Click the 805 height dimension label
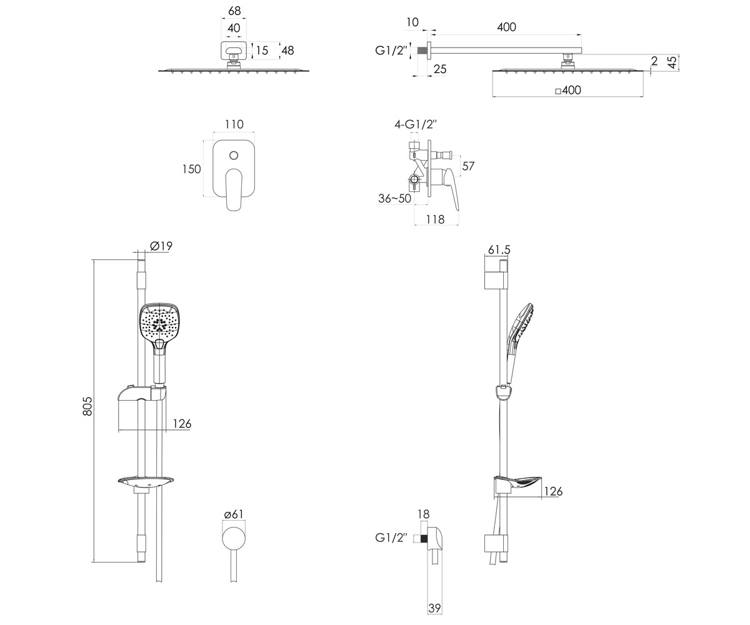(x=87, y=406)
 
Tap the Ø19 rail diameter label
(x=161, y=246)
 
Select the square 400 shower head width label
(x=568, y=90)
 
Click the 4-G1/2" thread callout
(x=416, y=124)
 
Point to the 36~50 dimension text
(x=394, y=198)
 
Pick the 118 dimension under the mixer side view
(x=435, y=219)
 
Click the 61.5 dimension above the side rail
(x=499, y=249)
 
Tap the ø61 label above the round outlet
(x=234, y=514)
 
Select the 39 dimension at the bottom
(x=434, y=608)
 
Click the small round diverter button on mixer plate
(x=234, y=156)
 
